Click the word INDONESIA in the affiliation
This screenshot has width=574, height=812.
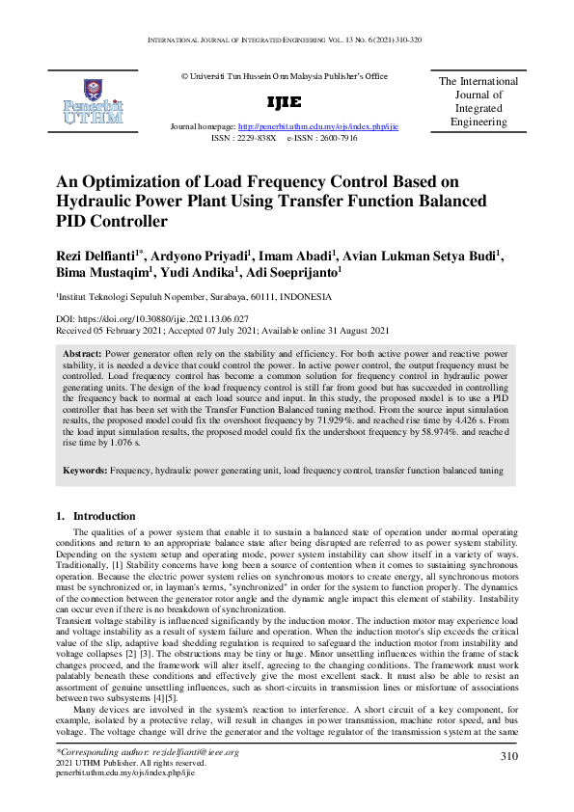310,297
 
